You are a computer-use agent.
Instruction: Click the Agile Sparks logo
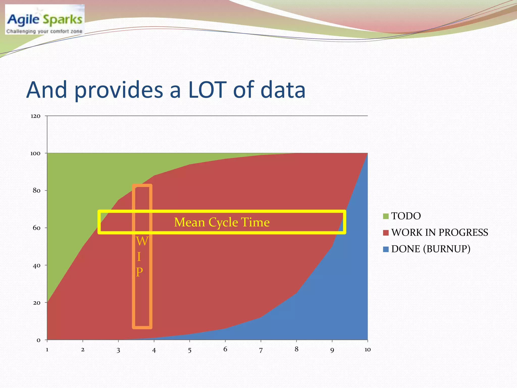45,19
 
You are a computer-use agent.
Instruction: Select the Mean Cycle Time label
222,222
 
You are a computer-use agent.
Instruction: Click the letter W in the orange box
142,241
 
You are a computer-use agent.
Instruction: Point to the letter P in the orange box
140,272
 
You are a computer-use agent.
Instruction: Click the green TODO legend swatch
386,216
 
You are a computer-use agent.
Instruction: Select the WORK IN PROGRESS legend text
440,232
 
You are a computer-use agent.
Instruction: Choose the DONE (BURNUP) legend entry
431,249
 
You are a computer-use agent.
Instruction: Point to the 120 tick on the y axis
35,116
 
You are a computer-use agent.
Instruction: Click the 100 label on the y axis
35,153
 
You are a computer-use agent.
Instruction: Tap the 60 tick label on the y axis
37,228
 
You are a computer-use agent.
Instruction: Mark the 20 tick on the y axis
37,303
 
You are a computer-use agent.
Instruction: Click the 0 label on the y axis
38,340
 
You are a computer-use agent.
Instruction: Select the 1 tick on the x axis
47,350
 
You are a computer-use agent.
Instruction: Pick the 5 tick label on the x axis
190,350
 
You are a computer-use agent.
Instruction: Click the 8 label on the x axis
297,349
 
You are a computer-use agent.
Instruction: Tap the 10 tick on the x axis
368,350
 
